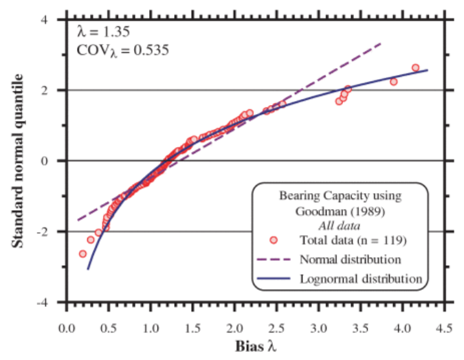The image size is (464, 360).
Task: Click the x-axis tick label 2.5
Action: (x=276, y=328)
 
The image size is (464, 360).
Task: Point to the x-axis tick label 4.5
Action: (x=445, y=328)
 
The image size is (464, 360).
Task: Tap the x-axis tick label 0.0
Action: (x=67, y=328)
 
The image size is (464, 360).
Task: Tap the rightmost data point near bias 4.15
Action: (x=415, y=68)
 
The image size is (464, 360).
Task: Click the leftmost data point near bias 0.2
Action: (x=83, y=254)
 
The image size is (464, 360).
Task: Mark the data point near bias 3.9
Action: (x=394, y=81)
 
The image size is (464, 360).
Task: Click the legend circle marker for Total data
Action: (x=274, y=240)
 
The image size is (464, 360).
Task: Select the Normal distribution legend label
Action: (x=351, y=260)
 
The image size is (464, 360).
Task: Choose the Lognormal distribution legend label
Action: (x=360, y=279)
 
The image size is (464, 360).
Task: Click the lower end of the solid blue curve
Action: (x=88, y=269)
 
